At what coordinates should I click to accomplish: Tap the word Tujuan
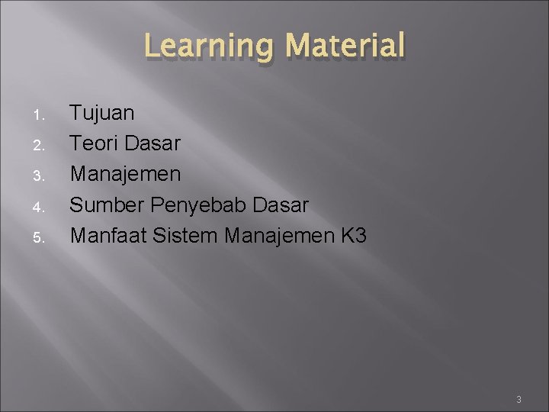point(102,114)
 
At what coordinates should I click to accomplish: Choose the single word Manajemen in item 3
point(126,175)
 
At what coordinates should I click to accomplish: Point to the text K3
point(353,236)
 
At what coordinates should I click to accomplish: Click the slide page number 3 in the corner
point(518,400)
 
